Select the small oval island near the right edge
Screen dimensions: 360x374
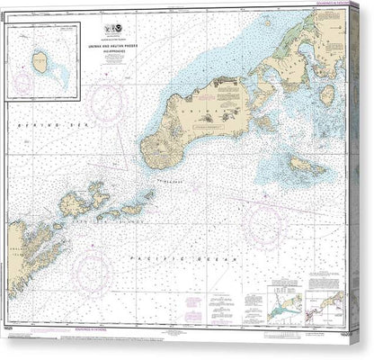[x=327, y=93]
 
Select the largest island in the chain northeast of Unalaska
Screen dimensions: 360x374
[x=76, y=202]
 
